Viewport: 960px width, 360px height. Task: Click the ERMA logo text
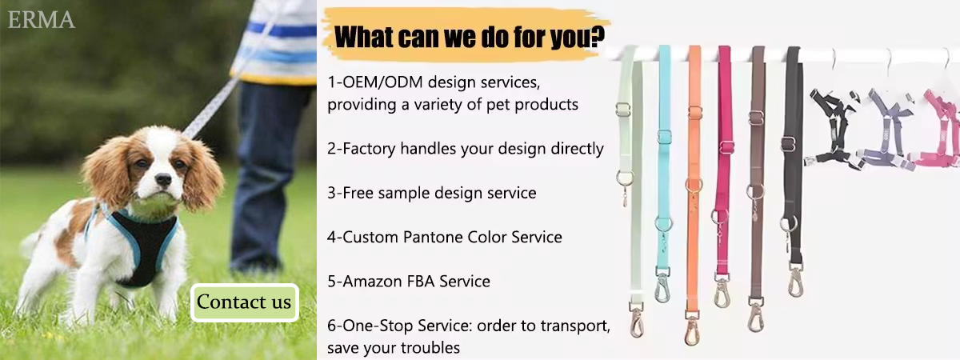coord(41,20)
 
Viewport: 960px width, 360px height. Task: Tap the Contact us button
coord(244,302)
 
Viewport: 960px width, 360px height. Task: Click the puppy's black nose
coord(163,179)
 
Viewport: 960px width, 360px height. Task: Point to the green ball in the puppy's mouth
coord(153,205)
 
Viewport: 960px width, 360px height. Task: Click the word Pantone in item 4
coord(433,237)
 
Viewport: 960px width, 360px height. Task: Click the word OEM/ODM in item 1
coord(382,82)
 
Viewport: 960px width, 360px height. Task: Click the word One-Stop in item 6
coord(378,326)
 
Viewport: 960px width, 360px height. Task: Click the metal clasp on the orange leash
coord(691,329)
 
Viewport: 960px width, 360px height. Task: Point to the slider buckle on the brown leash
coord(757,118)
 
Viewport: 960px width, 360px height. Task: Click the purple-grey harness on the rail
coord(887,129)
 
